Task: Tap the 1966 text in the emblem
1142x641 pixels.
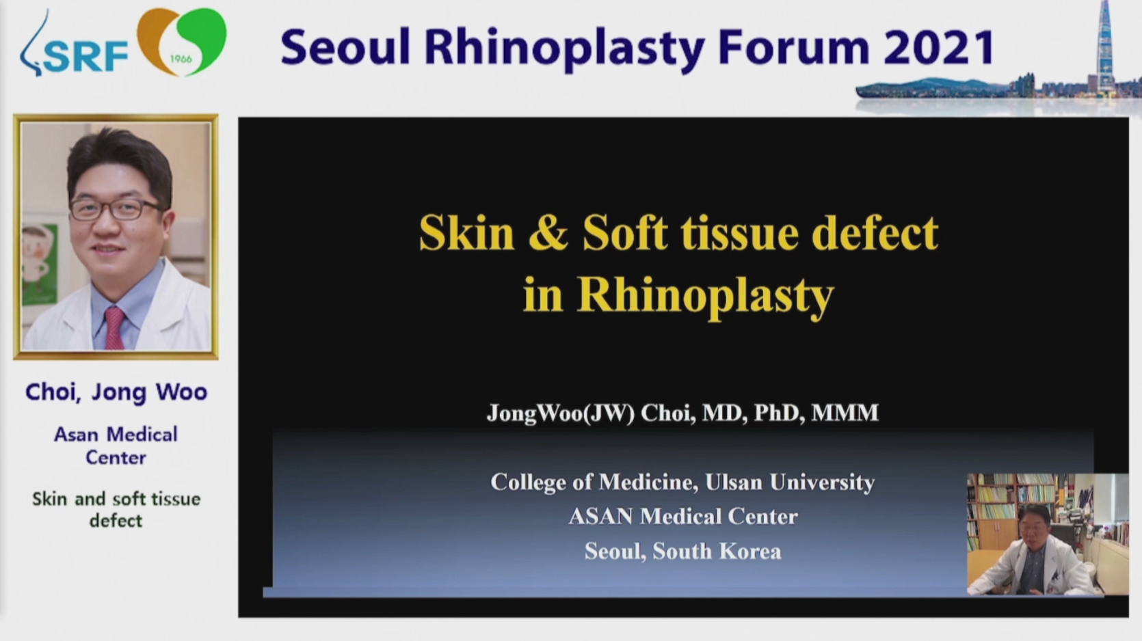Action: click(181, 59)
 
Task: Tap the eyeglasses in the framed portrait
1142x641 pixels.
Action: click(116, 209)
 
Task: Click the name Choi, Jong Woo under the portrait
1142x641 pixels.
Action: click(116, 392)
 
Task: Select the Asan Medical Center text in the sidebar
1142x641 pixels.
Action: click(116, 446)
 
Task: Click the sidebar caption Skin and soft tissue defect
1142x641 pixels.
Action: click(116, 509)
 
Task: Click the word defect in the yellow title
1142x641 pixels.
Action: click(875, 232)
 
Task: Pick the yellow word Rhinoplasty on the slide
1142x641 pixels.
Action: click(706, 296)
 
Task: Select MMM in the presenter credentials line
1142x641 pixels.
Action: click(845, 413)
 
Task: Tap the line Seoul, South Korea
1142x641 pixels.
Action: click(682, 551)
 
